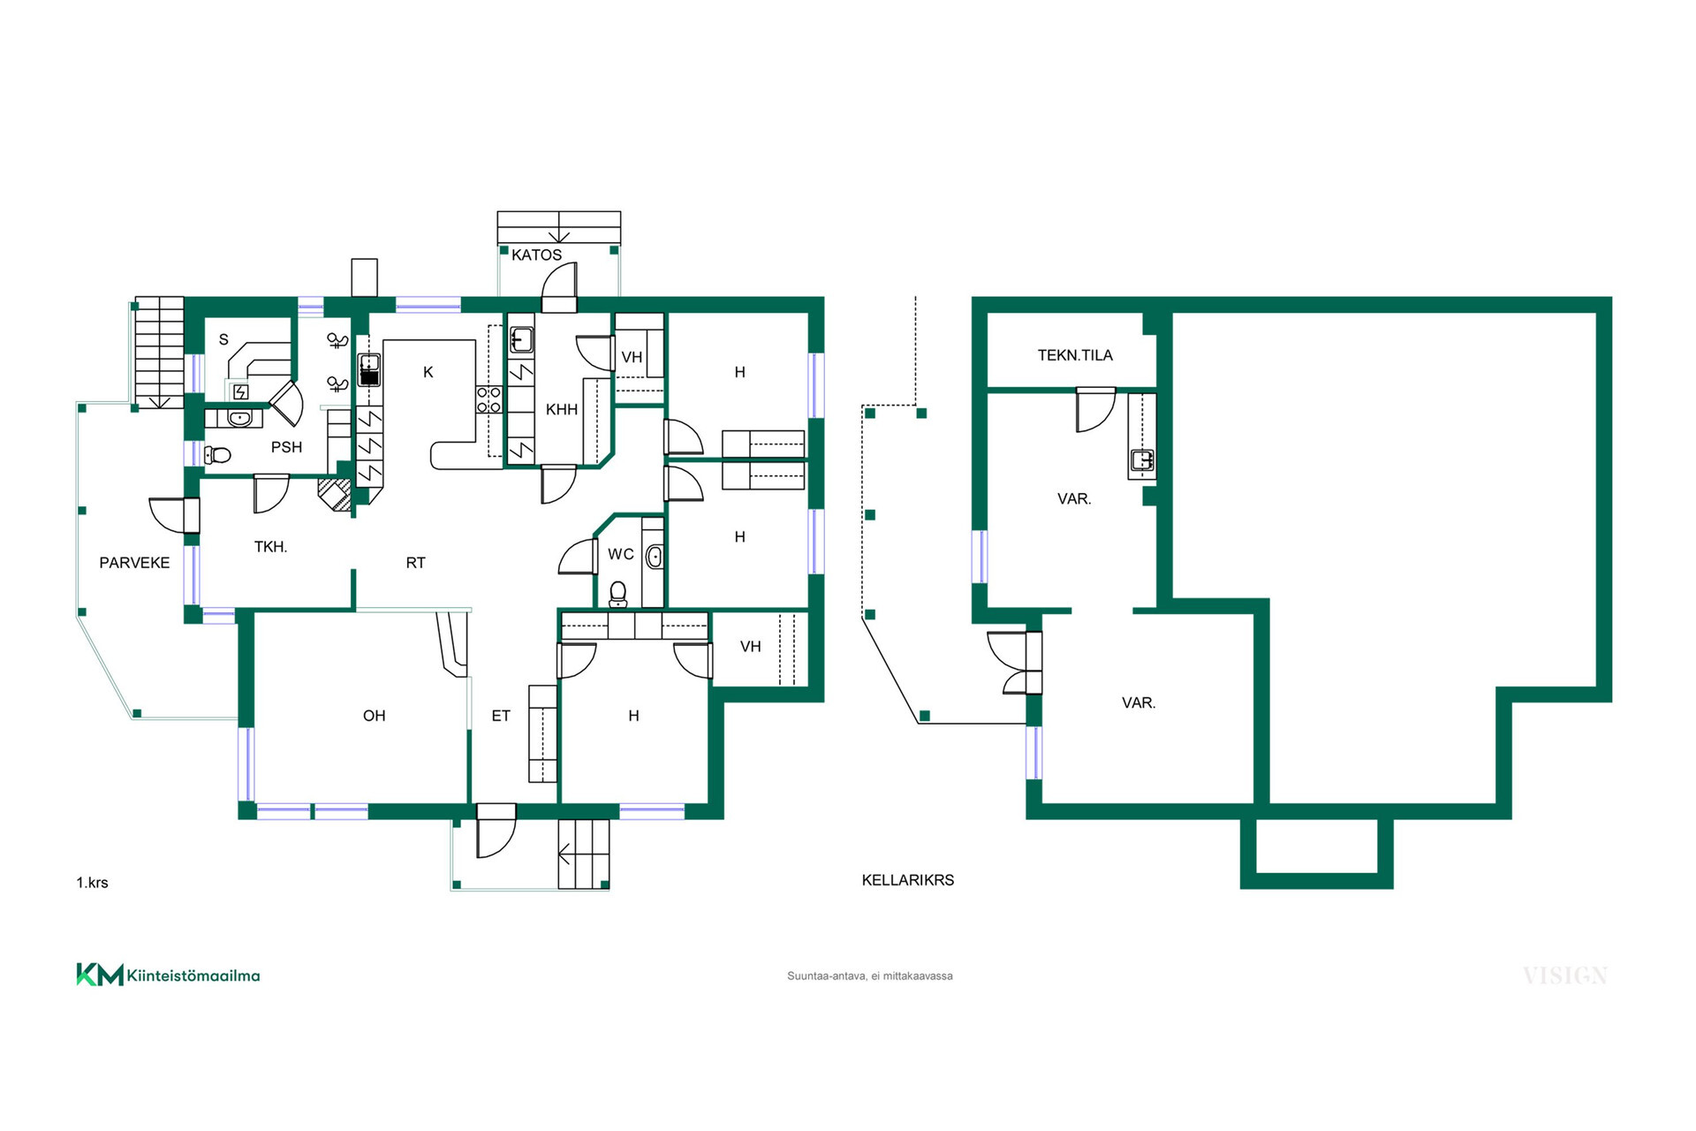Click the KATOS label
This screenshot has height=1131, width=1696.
pos(536,254)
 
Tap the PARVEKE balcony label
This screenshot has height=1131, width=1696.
pos(134,563)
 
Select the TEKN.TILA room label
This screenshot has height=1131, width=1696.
pos(1075,355)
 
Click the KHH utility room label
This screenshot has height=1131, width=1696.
pos(562,410)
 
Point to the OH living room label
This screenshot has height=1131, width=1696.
pos(375,716)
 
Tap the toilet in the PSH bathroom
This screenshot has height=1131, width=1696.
pos(217,455)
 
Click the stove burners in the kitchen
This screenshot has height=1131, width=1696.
pos(489,399)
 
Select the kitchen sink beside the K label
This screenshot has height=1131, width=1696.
pos(369,369)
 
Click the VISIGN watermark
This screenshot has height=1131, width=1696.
pos(1564,975)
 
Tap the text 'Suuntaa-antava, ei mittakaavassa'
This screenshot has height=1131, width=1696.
pos(870,976)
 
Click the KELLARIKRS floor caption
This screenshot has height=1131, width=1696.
pos(908,880)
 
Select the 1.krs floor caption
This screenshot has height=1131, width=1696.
pos(92,883)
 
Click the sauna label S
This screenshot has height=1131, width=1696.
pos(223,339)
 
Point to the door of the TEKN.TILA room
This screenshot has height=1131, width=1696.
pos(1095,409)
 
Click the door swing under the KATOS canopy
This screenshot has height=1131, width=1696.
pos(559,287)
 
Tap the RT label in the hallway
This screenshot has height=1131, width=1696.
pos(416,563)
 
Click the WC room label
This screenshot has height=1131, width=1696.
pos(621,554)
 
